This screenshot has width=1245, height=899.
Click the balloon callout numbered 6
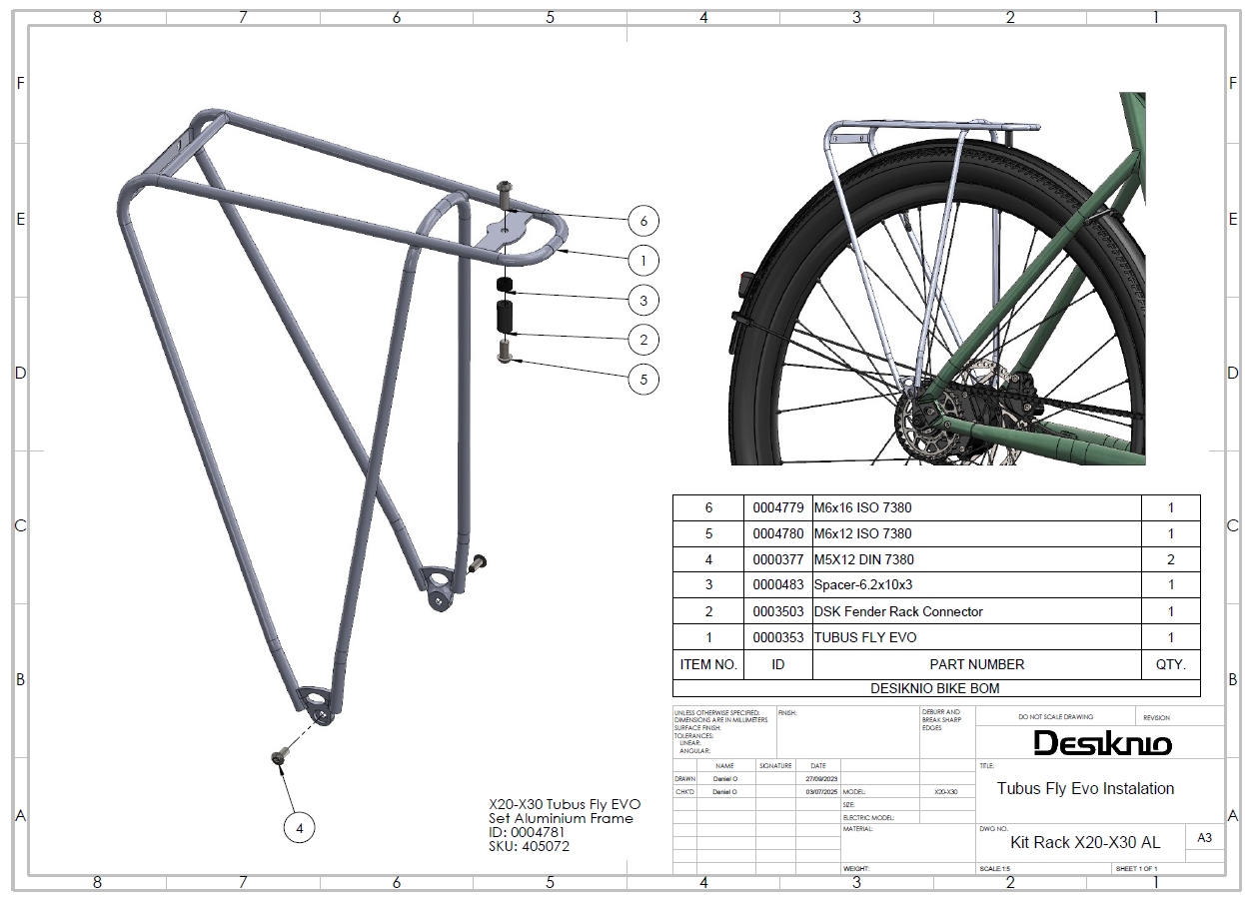coord(643,221)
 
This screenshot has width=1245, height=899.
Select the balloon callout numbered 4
coord(299,827)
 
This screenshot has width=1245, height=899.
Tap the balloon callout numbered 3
coord(643,300)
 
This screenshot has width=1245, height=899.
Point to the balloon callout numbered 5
coord(643,379)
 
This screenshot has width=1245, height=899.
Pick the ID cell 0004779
coord(778,507)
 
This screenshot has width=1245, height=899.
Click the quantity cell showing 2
coord(1170,559)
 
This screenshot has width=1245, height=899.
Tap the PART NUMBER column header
coord(976,664)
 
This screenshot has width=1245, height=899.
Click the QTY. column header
coord(1170,664)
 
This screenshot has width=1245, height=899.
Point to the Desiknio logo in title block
coord(1102,743)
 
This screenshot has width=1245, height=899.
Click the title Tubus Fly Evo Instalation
coord(1085,788)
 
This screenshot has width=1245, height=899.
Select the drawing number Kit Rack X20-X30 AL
coord(1085,842)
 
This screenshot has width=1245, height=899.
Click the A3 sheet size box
coord(1204,838)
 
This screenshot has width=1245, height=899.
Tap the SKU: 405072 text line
coord(530,847)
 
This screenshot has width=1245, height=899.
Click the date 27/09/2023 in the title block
coord(821,778)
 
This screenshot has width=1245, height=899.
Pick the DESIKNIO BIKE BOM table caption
coord(935,688)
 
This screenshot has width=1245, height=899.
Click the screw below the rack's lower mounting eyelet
coord(280,758)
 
